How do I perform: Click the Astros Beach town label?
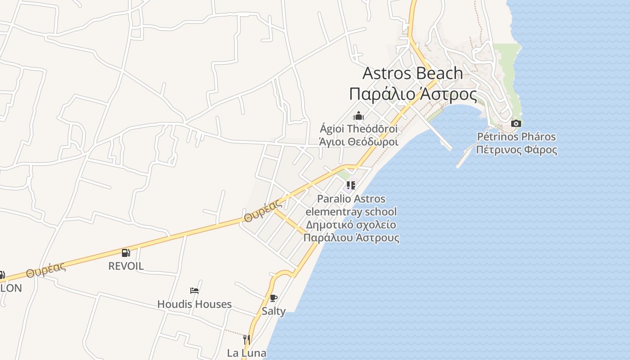(x=412, y=73)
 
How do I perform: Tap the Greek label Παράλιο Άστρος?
(x=413, y=94)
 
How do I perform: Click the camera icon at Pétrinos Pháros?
(x=516, y=123)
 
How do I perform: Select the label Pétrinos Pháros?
(x=516, y=137)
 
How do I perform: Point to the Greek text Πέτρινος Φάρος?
(x=516, y=149)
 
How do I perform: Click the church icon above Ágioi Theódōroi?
(x=359, y=116)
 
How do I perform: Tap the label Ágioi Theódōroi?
(x=359, y=129)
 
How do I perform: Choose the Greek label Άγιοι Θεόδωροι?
(x=359, y=142)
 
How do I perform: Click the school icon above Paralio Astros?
(x=351, y=185)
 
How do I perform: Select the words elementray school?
(x=351, y=211)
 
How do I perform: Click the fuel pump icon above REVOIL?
(x=126, y=253)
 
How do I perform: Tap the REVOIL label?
(x=126, y=266)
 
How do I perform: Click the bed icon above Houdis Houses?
(x=194, y=291)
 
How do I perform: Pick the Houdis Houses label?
(x=194, y=304)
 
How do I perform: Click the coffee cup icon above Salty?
(x=274, y=298)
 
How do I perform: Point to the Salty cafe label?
(x=274, y=311)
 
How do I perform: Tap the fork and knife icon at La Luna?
(x=246, y=339)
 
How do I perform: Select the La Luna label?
(x=247, y=353)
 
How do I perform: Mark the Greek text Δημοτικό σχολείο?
(x=351, y=225)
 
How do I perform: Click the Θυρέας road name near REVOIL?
(x=46, y=269)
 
